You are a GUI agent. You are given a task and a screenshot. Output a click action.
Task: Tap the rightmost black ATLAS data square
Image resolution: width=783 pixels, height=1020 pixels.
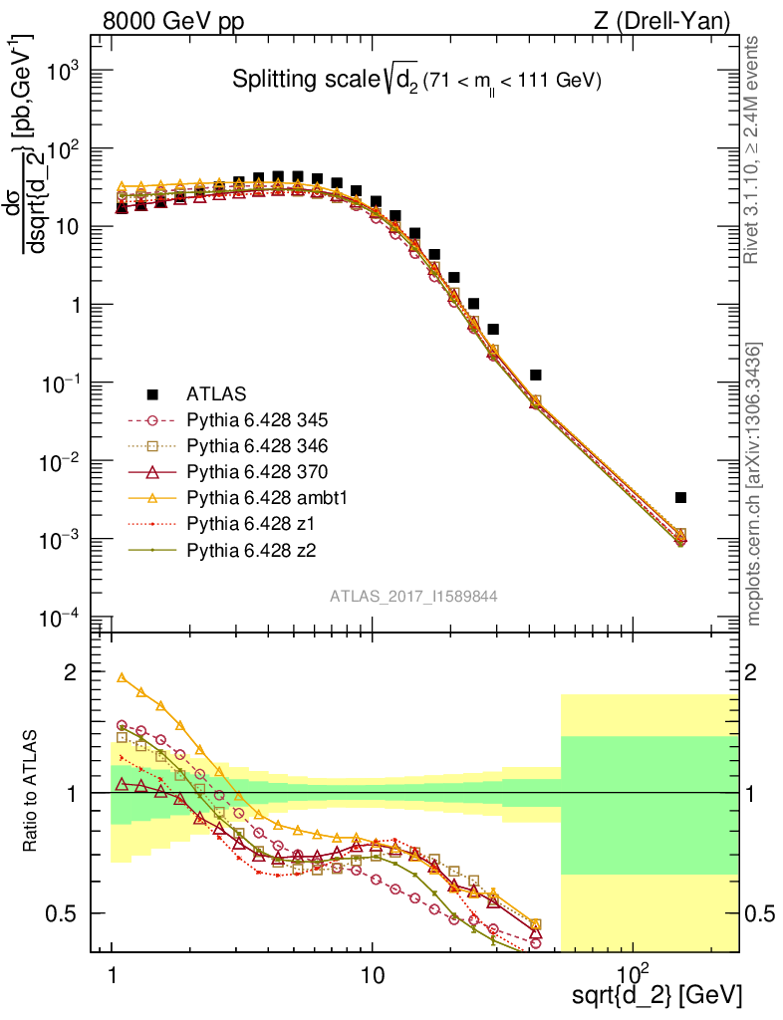(x=680, y=497)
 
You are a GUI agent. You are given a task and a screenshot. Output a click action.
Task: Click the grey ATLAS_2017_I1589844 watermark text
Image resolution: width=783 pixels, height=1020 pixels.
(x=413, y=596)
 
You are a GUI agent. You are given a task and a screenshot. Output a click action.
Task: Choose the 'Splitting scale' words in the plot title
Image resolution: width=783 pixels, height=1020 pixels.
(x=290, y=80)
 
